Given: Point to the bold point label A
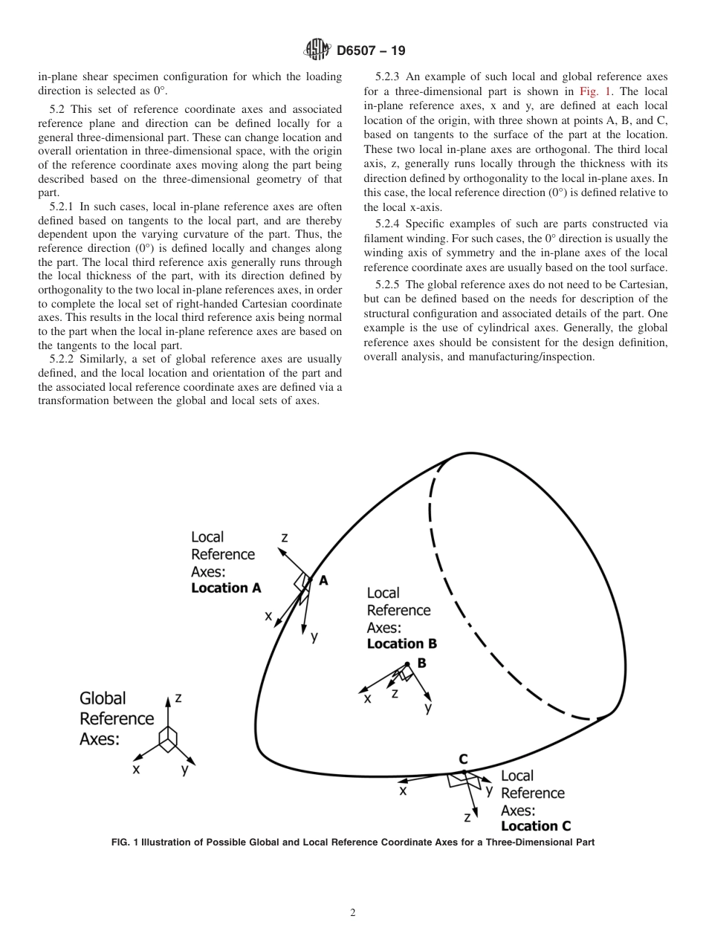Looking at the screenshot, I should point(323,581).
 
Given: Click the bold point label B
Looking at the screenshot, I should point(421,663).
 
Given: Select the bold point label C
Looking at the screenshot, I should point(463,759).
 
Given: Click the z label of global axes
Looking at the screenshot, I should point(178,698).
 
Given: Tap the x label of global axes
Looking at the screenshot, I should point(136,770).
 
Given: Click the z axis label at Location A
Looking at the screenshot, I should point(285,537).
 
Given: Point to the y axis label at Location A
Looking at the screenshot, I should point(314,637).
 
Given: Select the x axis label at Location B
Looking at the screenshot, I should point(367,698).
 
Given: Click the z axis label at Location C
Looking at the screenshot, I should point(467,817).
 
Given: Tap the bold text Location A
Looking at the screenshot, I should point(226,588).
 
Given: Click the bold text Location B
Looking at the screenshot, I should point(401,644).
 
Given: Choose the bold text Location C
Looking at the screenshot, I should point(535,826).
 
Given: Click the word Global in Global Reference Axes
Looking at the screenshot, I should point(103,698).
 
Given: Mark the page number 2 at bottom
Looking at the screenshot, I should point(353,913).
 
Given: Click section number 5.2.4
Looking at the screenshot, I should point(389,224).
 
